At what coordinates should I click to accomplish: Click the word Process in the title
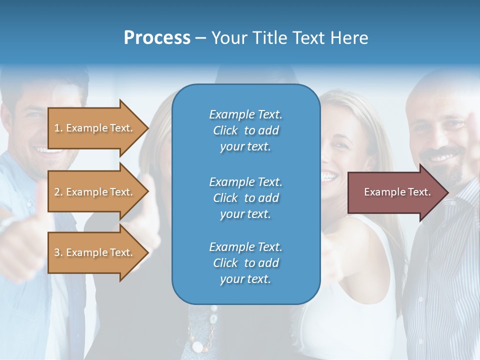(157, 38)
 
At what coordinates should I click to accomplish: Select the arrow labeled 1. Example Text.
(95, 128)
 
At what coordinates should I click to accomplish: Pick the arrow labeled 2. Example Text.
(95, 192)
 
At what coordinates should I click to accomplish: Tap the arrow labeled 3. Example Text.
(95, 252)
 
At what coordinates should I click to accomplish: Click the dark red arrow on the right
(395, 192)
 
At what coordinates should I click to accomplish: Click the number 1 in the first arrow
(57, 128)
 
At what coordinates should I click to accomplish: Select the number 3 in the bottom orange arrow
(57, 252)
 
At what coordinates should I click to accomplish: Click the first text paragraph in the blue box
(245, 130)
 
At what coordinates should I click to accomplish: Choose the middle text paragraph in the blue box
(245, 197)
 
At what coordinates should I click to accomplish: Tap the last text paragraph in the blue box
(245, 263)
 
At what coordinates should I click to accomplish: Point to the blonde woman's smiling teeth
(328, 176)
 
